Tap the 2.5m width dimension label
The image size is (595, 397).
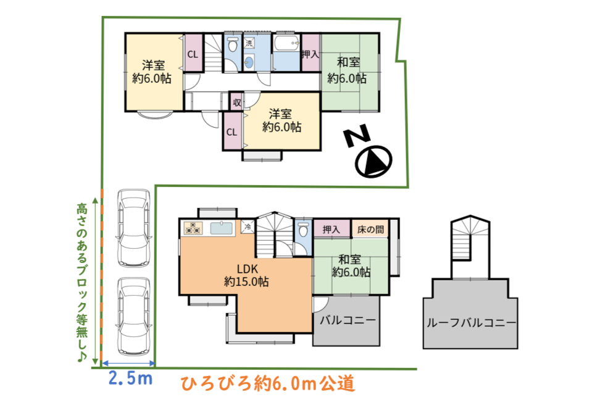click(130, 378)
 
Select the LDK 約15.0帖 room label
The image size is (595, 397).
click(247, 275)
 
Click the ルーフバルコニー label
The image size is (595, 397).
click(471, 323)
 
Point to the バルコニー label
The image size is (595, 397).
click(347, 320)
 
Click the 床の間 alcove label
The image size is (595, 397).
click(370, 229)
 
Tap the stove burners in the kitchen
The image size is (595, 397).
click(194, 228)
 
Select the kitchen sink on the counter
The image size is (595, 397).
click(221, 228)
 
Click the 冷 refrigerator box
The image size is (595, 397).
click(248, 227)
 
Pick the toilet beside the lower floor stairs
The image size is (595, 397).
click(303, 229)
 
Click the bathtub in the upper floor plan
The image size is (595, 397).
click(287, 44)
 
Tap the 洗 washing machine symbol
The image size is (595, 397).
click(249, 43)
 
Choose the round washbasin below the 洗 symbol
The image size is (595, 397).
click(249, 62)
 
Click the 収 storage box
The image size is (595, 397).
click(236, 102)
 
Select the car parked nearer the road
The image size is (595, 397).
click(134, 317)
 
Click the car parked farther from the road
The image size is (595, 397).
click(134, 228)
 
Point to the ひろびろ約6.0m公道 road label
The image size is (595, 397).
click(268, 383)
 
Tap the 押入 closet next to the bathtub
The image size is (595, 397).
click(310, 52)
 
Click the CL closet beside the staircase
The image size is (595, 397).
click(193, 53)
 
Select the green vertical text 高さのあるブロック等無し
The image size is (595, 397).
click(82, 282)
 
